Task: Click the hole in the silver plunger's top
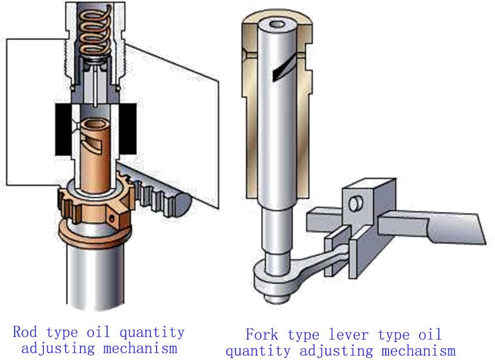tap(276, 25)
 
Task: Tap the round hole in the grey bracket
tap(355, 203)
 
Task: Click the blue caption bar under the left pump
tap(99, 340)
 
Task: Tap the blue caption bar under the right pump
tap(340, 343)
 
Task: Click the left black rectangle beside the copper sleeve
tap(64, 129)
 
